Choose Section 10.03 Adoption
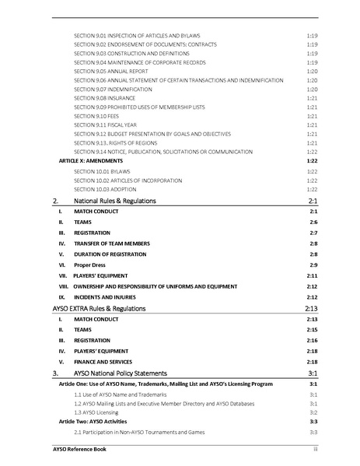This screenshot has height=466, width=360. pos(105,189)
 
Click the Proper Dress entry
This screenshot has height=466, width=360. pos(89,265)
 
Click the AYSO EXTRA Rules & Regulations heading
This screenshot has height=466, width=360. pos(99,309)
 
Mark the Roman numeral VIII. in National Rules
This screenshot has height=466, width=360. pos(62,286)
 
